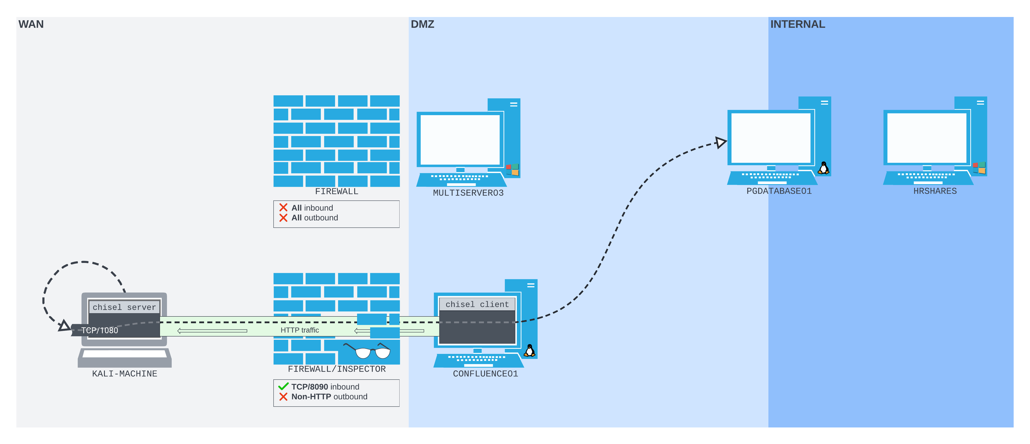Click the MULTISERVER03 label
pyautogui.click(x=468, y=193)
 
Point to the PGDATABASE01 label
pyautogui.click(x=779, y=191)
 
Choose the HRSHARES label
pyautogui.click(x=935, y=191)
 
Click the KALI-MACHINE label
pyautogui.click(x=124, y=374)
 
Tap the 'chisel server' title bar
pyautogui.click(x=124, y=307)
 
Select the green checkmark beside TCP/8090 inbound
pyautogui.click(x=283, y=387)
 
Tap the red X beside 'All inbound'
pyautogui.click(x=283, y=208)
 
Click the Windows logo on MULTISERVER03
pyautogui.click(x=512, y=169)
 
